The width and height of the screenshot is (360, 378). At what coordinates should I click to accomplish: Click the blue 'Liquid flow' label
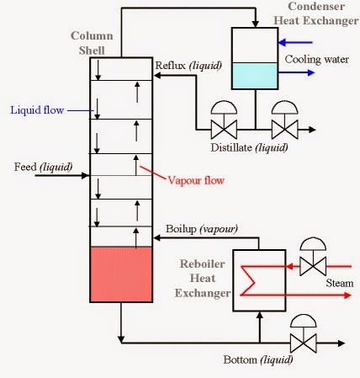(x=37, y=109)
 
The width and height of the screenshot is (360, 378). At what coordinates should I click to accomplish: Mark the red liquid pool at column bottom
(x=120, y=274)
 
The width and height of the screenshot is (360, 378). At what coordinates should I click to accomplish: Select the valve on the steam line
(x=314, y=266)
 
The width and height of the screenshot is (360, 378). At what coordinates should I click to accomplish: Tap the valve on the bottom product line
(x=302, y=342)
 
